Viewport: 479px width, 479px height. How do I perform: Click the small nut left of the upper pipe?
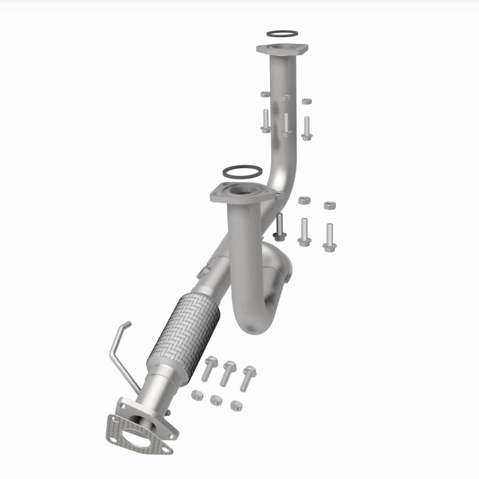point(265,95)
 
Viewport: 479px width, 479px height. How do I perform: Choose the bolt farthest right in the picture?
point(328,237)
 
